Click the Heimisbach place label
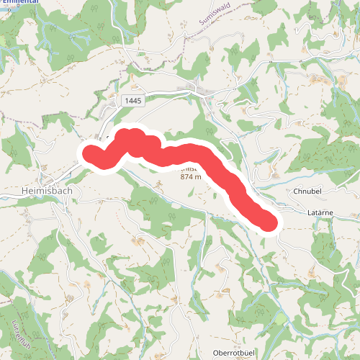click(x=37, y=192)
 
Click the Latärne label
click(x=322, y=214)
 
